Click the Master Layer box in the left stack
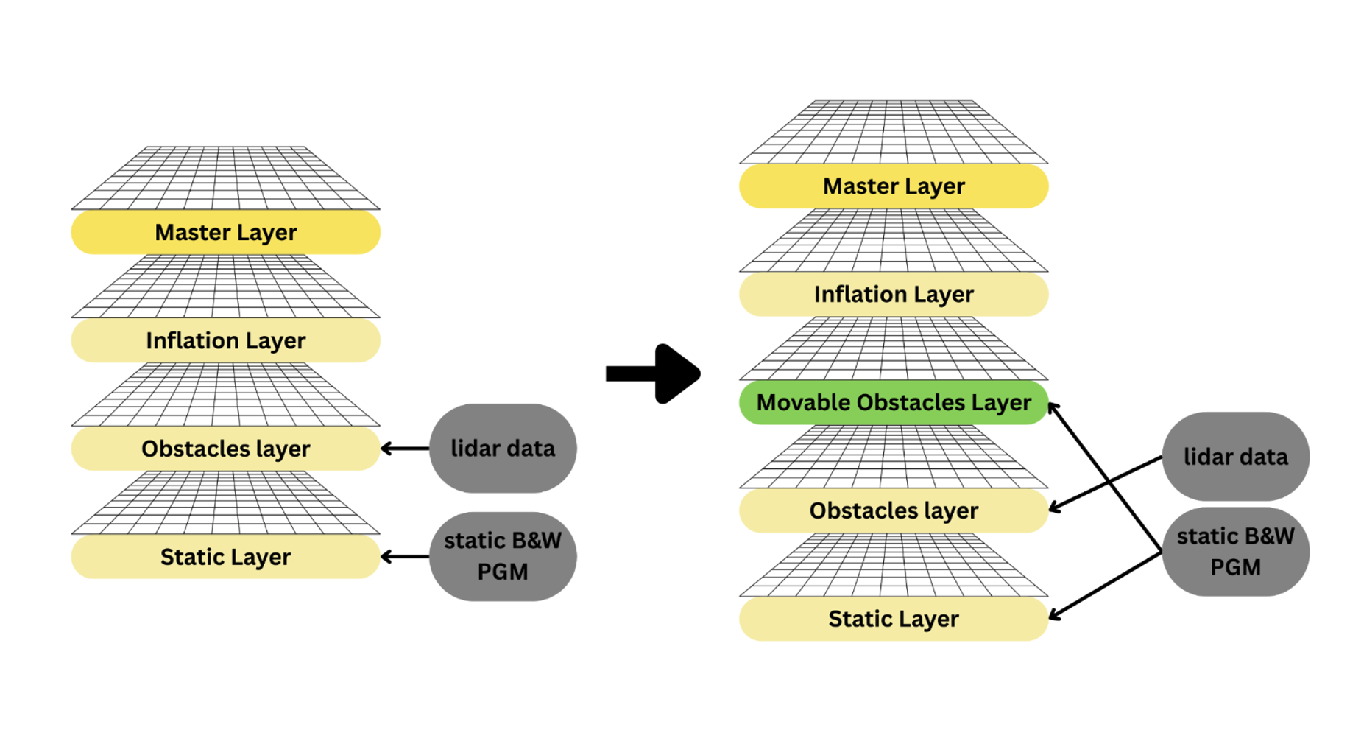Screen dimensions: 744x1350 pos(225,232)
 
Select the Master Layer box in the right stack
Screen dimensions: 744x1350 pos(893,186)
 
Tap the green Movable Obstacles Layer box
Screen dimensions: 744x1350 pos(893,402)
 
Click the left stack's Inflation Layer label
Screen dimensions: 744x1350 pos(225,340)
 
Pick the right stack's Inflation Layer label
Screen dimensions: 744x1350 pos(893,294)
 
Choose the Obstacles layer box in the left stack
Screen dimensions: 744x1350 pos(225,448)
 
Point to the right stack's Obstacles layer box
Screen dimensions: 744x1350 pos(893,510)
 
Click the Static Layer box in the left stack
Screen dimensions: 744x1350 pos(225,556)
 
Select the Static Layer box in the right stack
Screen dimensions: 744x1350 pos(893,618)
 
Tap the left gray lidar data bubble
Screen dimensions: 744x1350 pos(503,448)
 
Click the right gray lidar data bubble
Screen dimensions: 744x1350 pos(1235,456)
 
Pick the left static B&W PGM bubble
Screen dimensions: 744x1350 pos(503,556)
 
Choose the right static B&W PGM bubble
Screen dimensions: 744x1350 pos(1235,551)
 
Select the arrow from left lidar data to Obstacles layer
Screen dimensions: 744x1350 pos(405,448)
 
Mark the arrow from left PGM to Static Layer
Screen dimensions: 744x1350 pos(405,556)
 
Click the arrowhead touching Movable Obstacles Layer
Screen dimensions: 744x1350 pos(1053,408)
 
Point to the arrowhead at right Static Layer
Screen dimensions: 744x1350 pos(1054,614)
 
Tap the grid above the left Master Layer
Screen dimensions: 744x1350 pos(225,178)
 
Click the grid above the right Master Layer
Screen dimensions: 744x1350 pos(893,133)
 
